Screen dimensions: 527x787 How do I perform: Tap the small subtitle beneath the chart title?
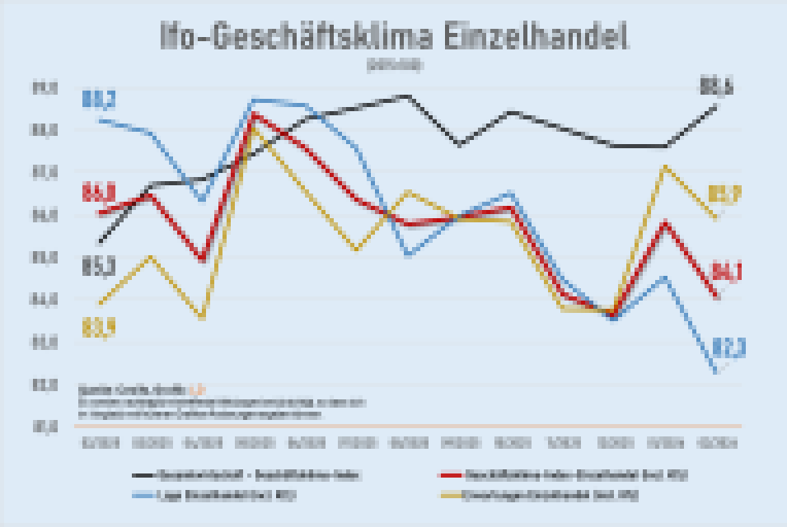[394, 64]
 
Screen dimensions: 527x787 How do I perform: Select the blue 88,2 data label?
[99, 100]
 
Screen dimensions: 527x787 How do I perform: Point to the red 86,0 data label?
[98, 194]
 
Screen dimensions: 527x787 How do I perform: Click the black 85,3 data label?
[98, 266]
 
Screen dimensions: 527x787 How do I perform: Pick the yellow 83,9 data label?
[98, 328]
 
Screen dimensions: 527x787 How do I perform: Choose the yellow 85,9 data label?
[724, 196]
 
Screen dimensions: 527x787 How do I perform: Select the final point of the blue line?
[714, 372]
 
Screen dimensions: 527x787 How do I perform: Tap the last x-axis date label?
[714, 444]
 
